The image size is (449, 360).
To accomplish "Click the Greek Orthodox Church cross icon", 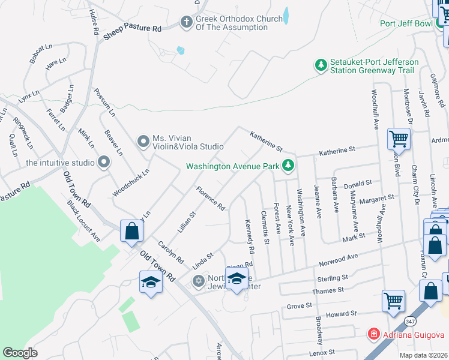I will point(186,23).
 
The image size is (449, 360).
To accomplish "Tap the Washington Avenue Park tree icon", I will point(289,164).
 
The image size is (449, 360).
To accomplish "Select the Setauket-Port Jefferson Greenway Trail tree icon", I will point(322,65).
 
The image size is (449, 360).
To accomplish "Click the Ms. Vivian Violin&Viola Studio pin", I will point(143,141).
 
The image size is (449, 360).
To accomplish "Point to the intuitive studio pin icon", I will point(104,162).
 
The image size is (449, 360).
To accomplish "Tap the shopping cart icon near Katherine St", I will point(399,139).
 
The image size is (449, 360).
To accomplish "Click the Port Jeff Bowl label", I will point(405,24).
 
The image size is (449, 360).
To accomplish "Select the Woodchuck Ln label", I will point(130,183).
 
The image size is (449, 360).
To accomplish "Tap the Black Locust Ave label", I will point(83,221).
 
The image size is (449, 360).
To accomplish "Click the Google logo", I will point(20,352).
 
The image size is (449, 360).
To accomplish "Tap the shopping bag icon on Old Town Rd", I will point(132,232).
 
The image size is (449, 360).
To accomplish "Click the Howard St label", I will point(341,314).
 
